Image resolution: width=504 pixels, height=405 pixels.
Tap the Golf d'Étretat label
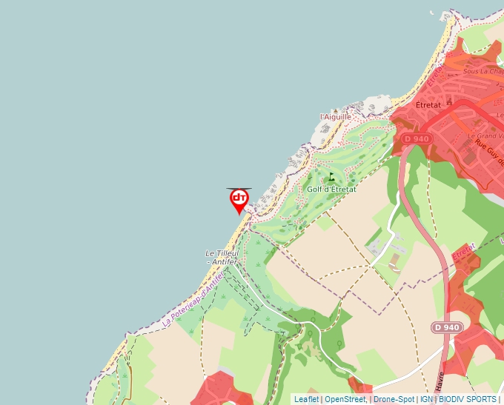[331, 189]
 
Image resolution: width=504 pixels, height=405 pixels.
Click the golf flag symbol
[331, 176]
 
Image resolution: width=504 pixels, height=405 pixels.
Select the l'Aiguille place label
[335, 117]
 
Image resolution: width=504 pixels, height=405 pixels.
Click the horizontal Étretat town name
[428, 105]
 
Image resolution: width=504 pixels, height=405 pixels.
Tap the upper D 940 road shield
[417, 138]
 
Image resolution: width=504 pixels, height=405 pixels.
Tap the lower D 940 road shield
[447, 327]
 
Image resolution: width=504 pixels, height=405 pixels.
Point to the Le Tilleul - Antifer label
[221, 257]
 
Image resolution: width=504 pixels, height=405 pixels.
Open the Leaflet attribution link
[306, 399]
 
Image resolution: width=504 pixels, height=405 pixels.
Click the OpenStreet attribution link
[345, 399]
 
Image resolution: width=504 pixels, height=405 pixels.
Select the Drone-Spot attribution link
[394, 399]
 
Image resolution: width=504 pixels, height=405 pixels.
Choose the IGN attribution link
[426, 399]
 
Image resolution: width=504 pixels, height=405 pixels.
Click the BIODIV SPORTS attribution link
[467, 399]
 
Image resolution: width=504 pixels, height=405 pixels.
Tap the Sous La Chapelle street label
[482, 72]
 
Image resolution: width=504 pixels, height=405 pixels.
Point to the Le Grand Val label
[485, 136]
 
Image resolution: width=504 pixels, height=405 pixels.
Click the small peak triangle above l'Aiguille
[336, 108]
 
